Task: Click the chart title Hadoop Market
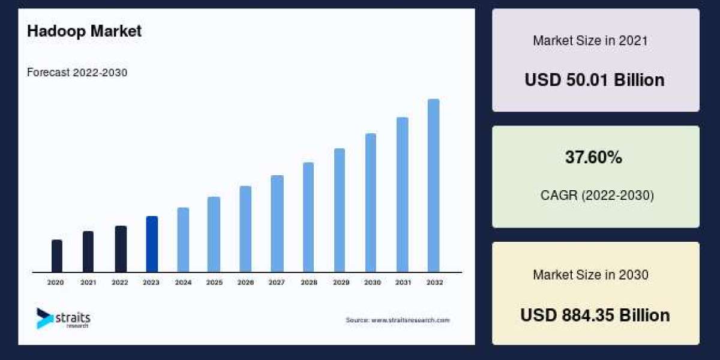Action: [x=84, y=32]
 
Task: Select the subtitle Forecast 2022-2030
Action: [x=77, y=73]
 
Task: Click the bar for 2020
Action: [x=57, y=256]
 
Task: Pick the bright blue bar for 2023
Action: [x=152, y=244]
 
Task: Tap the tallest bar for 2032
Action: [x=433, y=185]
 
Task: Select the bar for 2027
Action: [x=277, y=224]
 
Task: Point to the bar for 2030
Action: [x=371, y=203]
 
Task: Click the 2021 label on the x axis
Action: [x=88, y=282]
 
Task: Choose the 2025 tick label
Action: [x=214, y=282]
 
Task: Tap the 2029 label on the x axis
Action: [x=340, y=282]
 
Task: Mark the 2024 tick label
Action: [x=183, y=282]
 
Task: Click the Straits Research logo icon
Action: [x=44, y=318]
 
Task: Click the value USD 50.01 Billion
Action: [x=595, y=80]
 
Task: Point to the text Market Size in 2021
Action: [x=590, y=41]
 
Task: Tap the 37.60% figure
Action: [x=593, y=158]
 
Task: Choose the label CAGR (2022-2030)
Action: [x=597, y=195]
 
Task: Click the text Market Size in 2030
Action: [x=590, y=275]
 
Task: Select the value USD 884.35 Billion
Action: [x=595, y=315]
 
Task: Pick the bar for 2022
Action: [x=121, y=249]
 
